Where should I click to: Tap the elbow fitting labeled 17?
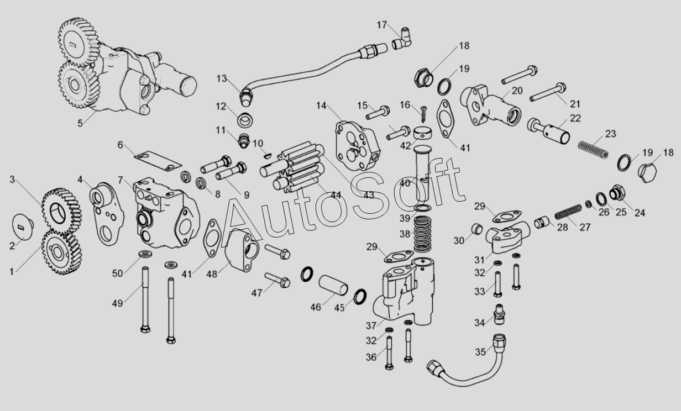[404, 38]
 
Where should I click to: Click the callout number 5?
[80, 123]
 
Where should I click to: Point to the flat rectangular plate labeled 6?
[158, 161]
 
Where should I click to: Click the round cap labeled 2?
[24, 225]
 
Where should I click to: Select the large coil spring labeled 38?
[423, 233]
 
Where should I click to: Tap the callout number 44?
[336, 194]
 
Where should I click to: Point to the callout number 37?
[370, 325]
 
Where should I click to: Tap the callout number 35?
[481, 352]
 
